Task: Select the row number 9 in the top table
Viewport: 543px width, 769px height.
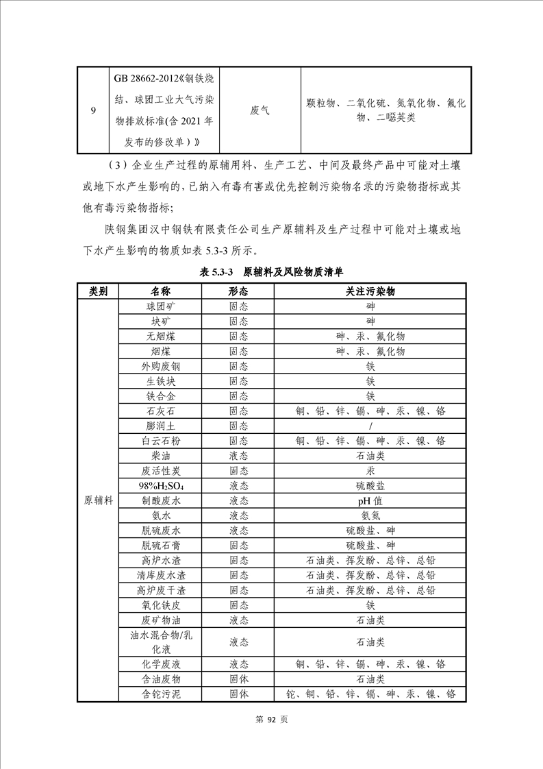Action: pyautogui.click(x=93, y=110)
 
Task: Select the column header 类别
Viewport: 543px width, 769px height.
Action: pyautogui.click(x=98, y=291)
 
